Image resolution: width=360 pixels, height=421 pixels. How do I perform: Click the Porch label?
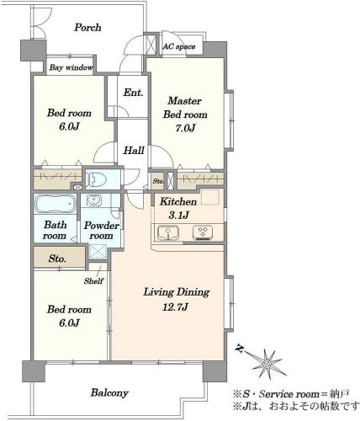(87, 28)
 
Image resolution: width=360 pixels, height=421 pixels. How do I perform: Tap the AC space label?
(179, 46)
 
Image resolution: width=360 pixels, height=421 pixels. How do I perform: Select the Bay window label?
(71, 67)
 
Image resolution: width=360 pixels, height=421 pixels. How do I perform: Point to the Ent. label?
(133, 93)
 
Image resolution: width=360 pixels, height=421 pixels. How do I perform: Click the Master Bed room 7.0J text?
(185, 115)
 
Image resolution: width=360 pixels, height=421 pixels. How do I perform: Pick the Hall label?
(134, 151)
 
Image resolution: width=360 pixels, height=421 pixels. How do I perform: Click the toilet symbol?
(96, 179)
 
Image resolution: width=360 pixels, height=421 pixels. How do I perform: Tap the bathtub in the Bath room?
(55, 204)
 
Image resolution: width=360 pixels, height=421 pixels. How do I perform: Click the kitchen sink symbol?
(168, 233)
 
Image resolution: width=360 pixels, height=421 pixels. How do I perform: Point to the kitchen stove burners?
(203, 233)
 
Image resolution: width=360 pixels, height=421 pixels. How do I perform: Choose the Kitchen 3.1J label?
(178, 208)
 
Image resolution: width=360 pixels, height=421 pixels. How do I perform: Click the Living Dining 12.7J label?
(177, 299)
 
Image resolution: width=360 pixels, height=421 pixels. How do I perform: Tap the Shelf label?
(93, 280)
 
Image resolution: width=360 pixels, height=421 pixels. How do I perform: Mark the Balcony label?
(109, 392)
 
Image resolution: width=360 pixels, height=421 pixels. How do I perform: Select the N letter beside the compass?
(239, 349)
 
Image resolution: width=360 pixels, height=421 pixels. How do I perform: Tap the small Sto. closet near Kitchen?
(157, 181)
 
